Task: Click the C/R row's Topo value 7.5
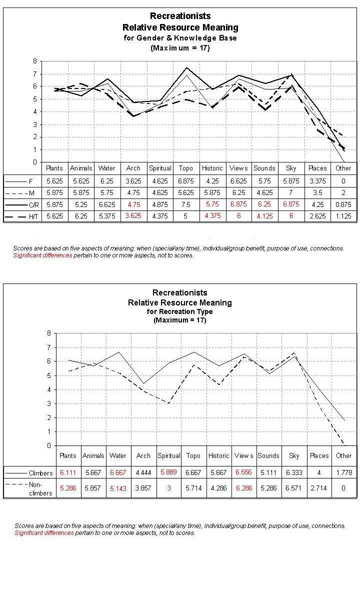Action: click(x=186, y=204)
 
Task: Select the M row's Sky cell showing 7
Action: click(x=291, y=192)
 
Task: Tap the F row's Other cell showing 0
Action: click(x=343, y=180)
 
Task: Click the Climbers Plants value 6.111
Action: click(x=68, y=472)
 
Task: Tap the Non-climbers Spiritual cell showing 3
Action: click(x=168, y=488)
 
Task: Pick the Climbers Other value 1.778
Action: click(x=344, y=472)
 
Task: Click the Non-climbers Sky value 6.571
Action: click(x=293, y=488)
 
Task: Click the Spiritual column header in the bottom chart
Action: click(x=168, y=455)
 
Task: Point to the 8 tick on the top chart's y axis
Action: click(x=35, y=61)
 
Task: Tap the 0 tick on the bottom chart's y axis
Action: click(x=48, y=445)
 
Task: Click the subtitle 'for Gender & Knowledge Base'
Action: click(x=180, y=37)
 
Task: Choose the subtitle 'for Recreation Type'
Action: click(x=179, y=311)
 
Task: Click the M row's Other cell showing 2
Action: click(x=343, y=192)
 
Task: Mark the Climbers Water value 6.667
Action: click(x=118, y=472)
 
